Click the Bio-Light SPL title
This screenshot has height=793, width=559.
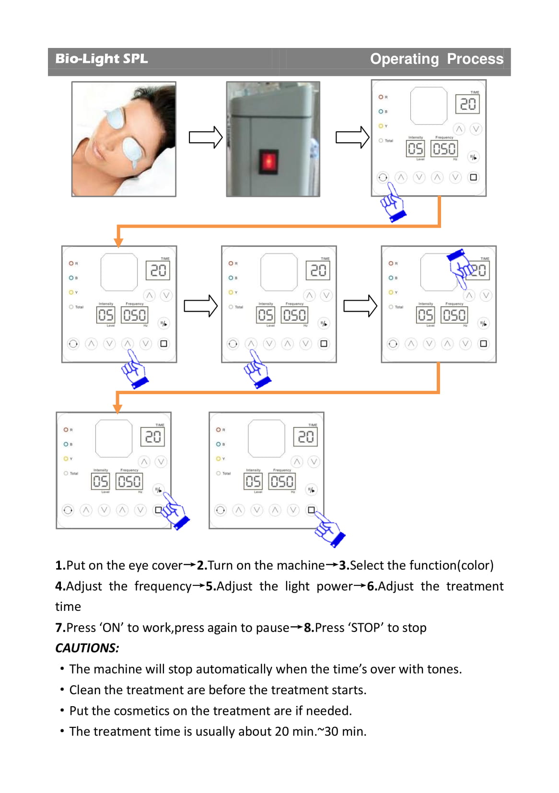[x=101, y=58]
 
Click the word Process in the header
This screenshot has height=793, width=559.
[x=475, y=58]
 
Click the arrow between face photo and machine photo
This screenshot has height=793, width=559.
[x=205, y=138]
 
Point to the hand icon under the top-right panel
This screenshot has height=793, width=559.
[x=393, y=203]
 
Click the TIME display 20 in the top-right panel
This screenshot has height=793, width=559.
[x=467, y=104]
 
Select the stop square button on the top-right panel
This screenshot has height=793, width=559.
[x=473, y=177]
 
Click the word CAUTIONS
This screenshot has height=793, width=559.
[x=87, y=648]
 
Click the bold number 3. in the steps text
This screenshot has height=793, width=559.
[x=344, y=565]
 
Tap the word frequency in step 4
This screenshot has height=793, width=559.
[x=163, y=586]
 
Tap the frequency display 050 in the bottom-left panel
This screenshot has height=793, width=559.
[x=129, y=481]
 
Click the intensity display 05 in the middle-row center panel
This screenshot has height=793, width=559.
[x=266, y=315]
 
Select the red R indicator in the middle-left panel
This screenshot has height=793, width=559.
[x=71, y=263]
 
